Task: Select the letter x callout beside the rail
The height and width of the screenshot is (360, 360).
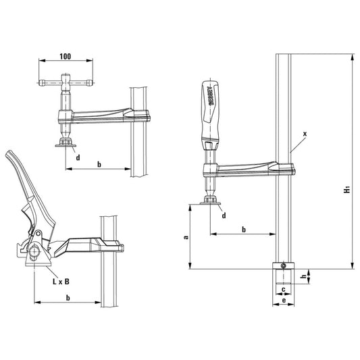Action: [305, 134]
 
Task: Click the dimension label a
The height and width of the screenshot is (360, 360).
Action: [184, 237]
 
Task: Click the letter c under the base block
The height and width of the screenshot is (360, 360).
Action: [284, 290]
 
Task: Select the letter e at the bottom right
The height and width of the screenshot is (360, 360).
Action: [283, 300]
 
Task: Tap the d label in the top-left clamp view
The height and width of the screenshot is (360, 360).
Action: [78, 157]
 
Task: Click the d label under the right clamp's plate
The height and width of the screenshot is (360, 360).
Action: [224, 215]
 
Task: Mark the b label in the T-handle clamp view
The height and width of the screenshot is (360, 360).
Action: [99, 164]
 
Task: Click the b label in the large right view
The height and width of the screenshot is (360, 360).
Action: [244, 230]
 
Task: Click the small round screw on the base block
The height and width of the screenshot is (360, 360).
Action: [284, 265]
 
